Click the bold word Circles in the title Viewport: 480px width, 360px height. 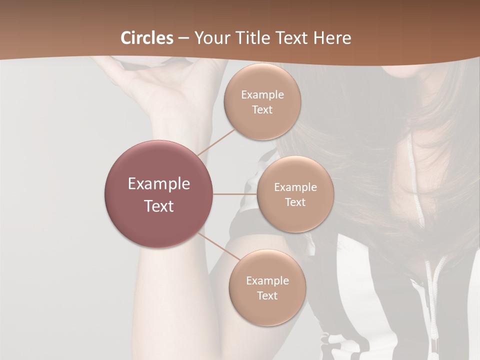coord(147,38)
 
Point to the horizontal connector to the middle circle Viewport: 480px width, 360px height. coord(234,194)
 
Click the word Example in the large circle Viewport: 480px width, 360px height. coord(159,183)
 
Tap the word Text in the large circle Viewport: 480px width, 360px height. coord(159,206)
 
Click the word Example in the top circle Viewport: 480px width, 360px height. coord(262,94)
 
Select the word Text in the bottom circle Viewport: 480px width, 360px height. coord(267,295)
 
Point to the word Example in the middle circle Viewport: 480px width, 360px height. coord(295,187)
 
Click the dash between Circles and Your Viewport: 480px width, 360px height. coord(183,38)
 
